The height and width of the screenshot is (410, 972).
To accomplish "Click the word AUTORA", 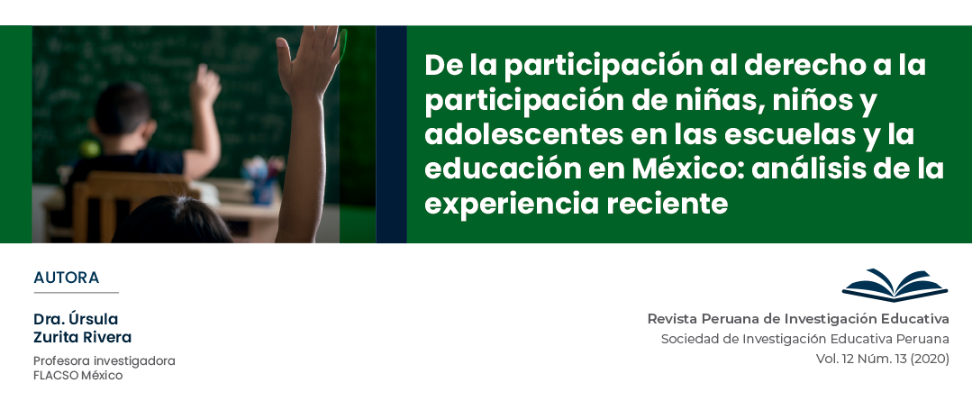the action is [x=67, y=278].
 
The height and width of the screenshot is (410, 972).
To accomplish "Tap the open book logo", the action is [x=895, y=286].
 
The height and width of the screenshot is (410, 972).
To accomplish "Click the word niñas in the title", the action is [x=719, y=100].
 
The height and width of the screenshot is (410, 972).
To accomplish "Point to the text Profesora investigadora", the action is [x=104, y=361].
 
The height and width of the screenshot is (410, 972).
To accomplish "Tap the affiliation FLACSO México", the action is [x=78, y=375].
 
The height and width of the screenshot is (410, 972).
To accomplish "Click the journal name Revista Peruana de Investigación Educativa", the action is [x=798, y=319].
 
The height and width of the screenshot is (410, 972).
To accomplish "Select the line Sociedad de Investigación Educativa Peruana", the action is [x=804, y=339].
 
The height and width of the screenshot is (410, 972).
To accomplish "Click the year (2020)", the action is [x=930, y=359].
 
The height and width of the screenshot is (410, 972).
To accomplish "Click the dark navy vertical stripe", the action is [x=391, y=134].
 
